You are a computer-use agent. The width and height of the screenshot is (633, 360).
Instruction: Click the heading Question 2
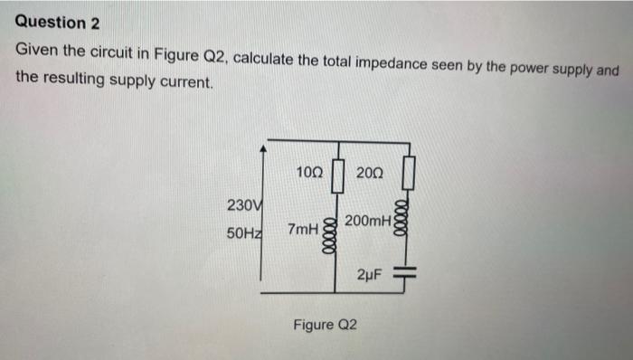pos(56,22)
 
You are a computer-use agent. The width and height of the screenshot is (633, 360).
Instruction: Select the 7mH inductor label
pos(301,232)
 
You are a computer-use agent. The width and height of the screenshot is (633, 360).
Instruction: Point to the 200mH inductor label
pos(368,221)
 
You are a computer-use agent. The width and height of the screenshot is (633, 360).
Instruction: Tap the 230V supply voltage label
pos(244,204)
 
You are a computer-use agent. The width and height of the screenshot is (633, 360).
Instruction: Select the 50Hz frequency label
pos(243,233)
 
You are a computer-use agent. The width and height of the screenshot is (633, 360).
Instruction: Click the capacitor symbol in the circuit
pos(408,272)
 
